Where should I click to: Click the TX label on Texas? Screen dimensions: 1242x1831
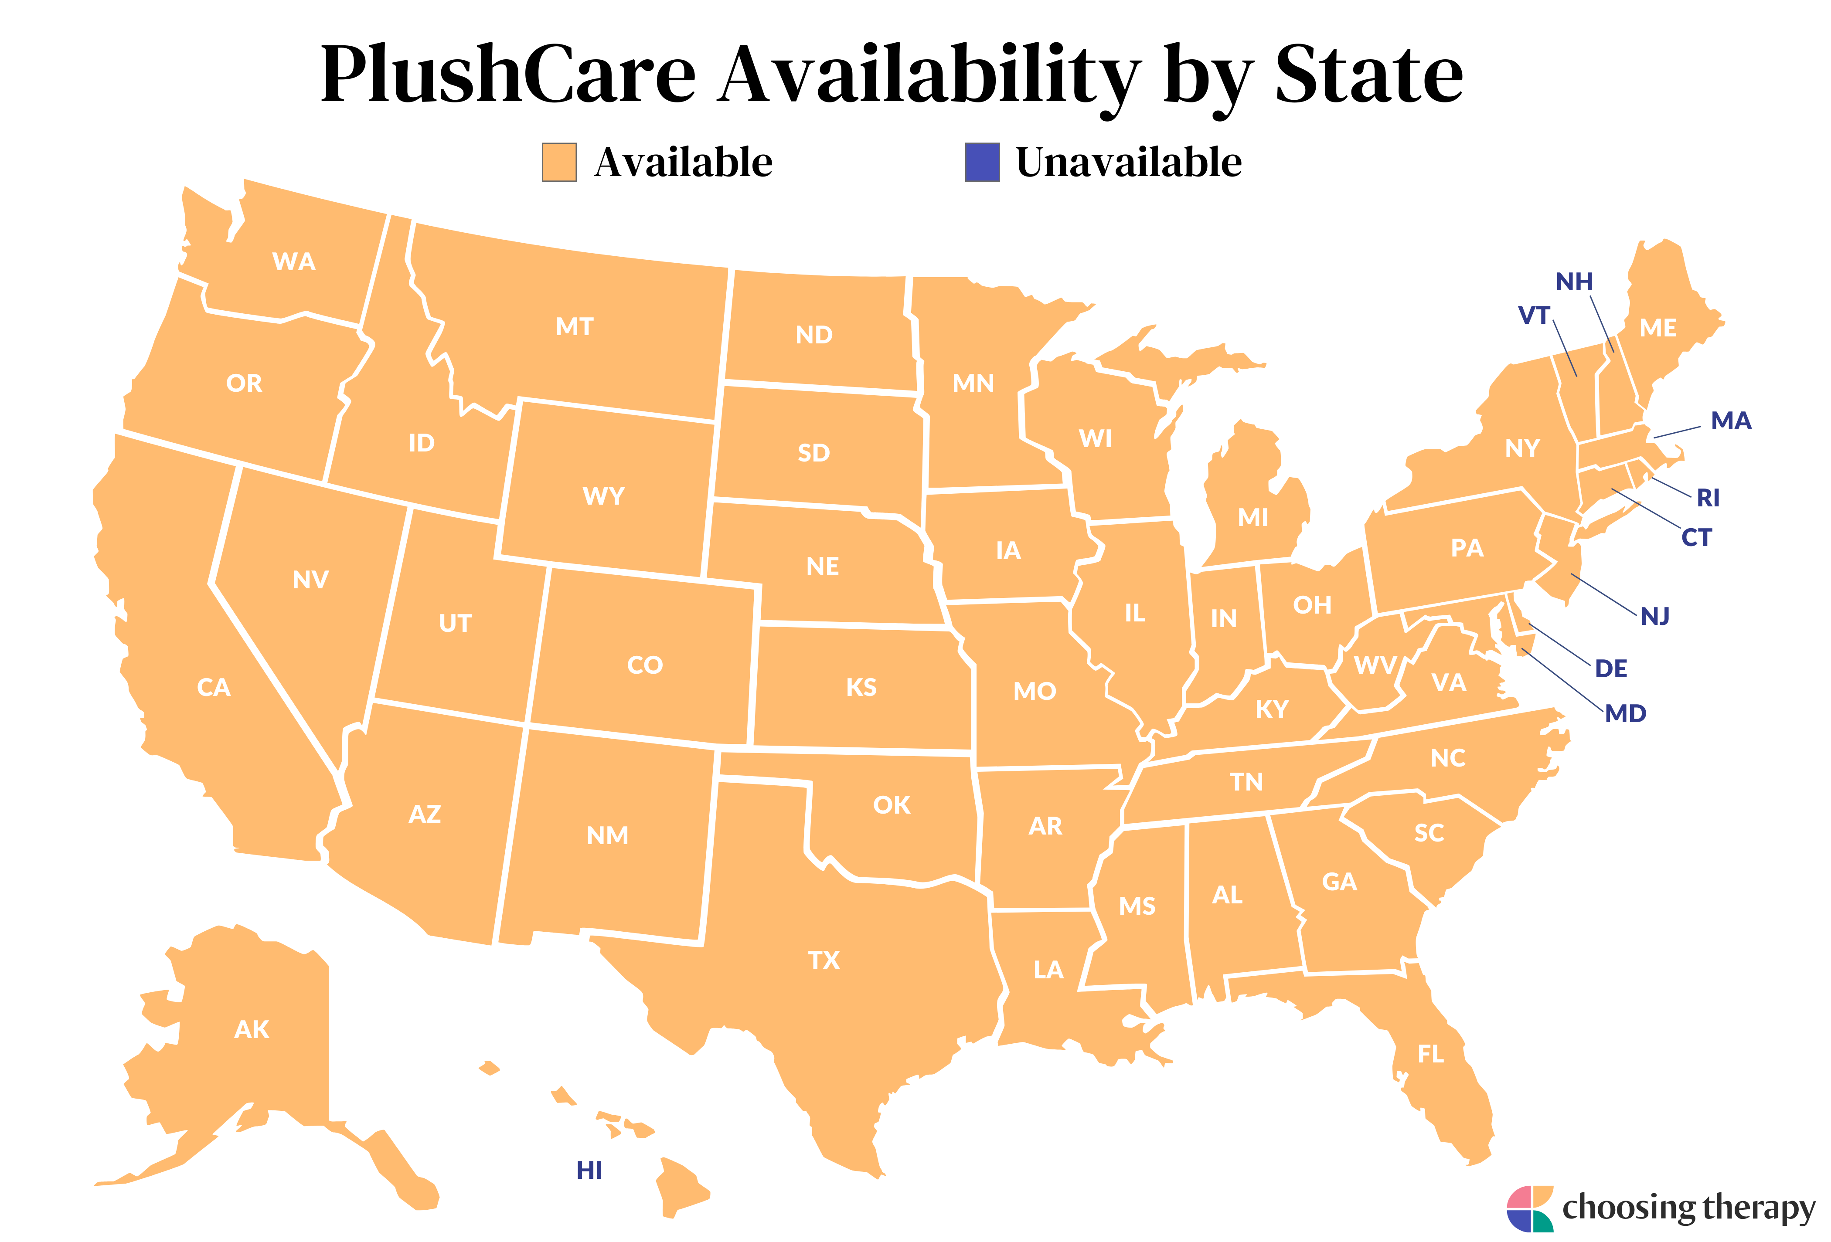point(824,960)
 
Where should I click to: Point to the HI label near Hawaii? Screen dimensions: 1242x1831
point(589,1171)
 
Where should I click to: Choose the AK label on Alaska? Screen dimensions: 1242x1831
point(252,1029)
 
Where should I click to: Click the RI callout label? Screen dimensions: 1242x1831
point(1708,498)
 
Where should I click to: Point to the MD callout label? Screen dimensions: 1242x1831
point(1625,713)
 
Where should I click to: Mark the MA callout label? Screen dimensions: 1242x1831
point(1731,421)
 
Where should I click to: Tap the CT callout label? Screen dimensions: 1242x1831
point(1696,537)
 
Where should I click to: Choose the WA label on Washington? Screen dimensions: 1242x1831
point(294,261)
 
